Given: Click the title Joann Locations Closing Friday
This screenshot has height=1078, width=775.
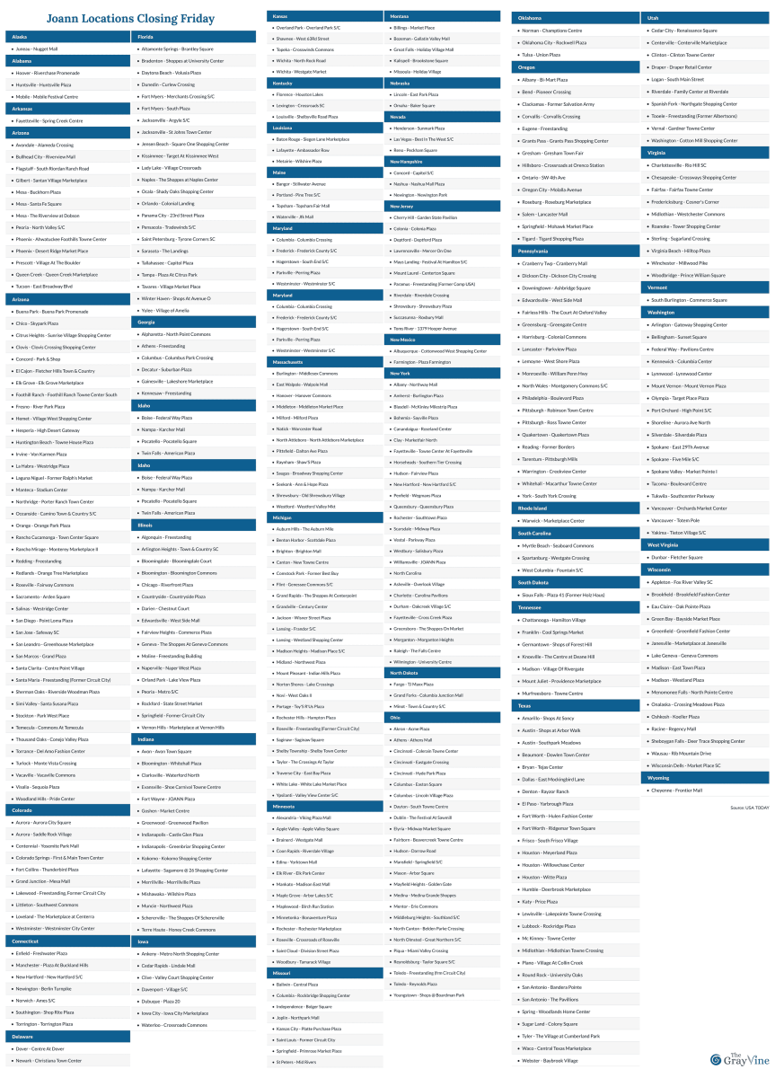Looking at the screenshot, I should click(111, 19).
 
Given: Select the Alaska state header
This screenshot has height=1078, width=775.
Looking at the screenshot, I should click(20, 37).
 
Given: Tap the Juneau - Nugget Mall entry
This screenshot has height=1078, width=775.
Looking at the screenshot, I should click(37, 49).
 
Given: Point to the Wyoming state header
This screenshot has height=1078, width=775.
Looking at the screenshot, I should click(658, 778).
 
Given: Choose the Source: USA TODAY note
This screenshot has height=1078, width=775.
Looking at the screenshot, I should click(749, 808).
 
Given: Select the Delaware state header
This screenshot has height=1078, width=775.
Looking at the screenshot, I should click(22, 1036).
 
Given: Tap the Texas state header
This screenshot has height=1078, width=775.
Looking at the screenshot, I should click(526, 705).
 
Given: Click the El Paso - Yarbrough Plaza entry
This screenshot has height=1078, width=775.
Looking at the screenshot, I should click(547, 803).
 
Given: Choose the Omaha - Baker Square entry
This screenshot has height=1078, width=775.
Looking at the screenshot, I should click(409, 105).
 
